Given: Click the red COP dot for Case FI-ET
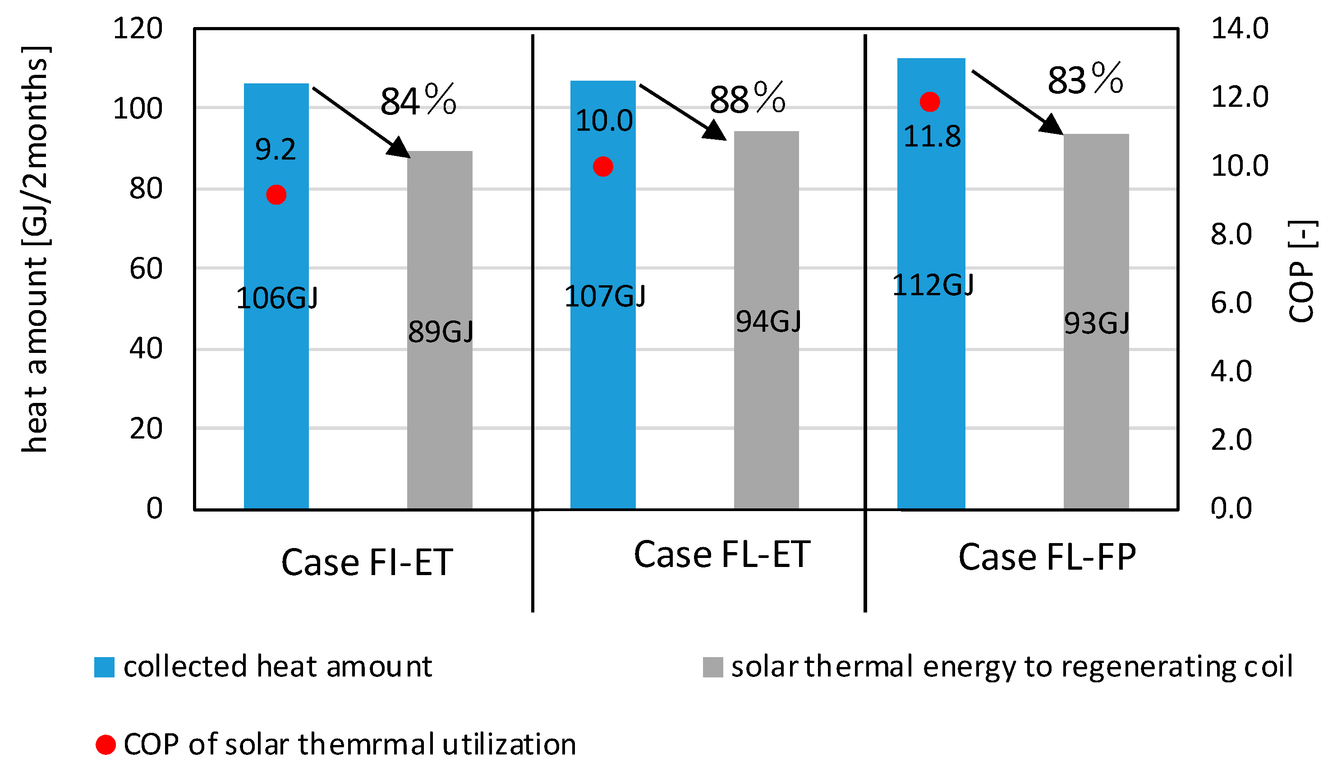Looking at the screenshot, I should pos(276,195).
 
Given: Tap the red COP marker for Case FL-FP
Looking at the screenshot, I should pos(929,101).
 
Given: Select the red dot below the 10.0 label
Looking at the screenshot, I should pos(603,167).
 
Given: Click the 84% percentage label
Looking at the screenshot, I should pos(418,101).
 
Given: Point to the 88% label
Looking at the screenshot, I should pos(747,99).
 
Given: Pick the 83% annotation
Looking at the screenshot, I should pos(1085,80).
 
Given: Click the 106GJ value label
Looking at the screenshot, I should pos(277,298).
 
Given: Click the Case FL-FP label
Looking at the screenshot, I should pos(1047,557).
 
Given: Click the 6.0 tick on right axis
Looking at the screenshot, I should pos(1231,303).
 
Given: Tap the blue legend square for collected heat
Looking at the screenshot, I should pos(104,667).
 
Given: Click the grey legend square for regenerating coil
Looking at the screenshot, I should pos(712,667).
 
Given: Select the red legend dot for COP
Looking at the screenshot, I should pos(106,745).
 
